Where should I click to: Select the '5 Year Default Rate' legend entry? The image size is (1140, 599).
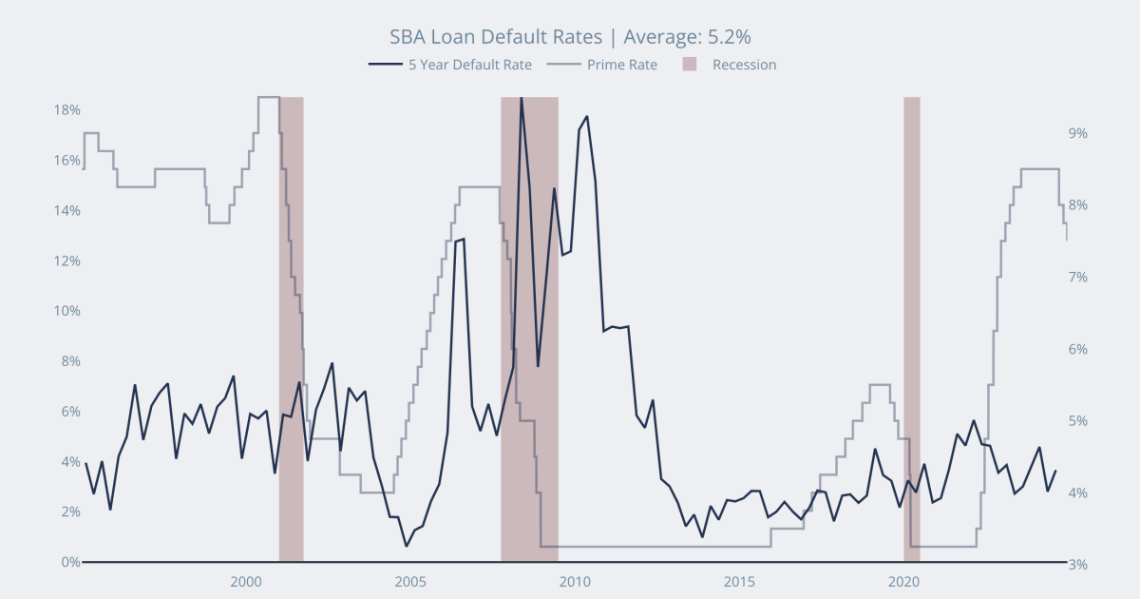pos(469,65)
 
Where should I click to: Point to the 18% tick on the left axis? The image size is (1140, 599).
pos(66,109)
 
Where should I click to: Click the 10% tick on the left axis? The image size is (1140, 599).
pos(66,311)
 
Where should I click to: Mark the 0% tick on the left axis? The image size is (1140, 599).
pos(70,562)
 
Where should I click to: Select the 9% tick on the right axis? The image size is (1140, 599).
pos(1077,133)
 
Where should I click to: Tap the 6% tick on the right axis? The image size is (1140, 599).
pos(1077,349)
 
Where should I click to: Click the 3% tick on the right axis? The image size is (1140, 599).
pos(1077,565)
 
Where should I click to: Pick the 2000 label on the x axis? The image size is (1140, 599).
pos(246,581)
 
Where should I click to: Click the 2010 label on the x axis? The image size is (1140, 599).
pos(575,581)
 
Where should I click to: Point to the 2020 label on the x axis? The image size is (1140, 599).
pos(903,581)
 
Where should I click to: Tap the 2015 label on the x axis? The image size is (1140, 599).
pos(739,581)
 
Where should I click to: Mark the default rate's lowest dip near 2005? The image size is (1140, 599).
pos(407,546)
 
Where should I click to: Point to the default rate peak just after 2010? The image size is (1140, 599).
pos(587,117)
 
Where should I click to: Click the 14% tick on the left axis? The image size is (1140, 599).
pos(66,210)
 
